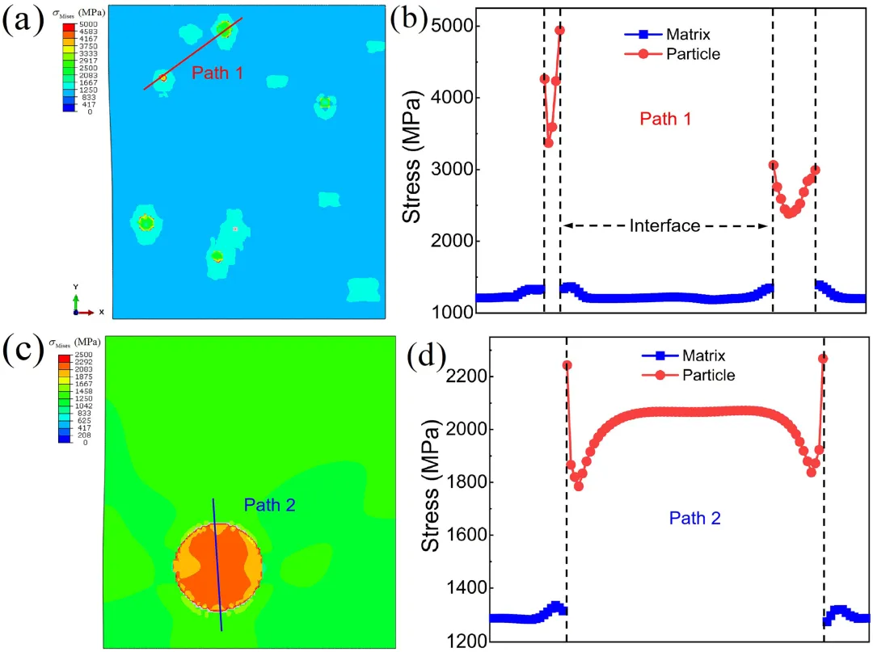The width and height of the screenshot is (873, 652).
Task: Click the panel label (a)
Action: pyautogui.click(x=22, y=22)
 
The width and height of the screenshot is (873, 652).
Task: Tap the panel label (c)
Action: pyautogui.click(x=22, y=348)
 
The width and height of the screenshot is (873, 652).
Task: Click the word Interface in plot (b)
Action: pyautogui.click(x=664, y=226)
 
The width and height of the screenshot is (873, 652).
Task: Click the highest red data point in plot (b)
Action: pyautogui.click(x=559, y=31)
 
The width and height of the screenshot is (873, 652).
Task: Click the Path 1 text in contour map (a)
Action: pyautogui.click(x=217, y=74)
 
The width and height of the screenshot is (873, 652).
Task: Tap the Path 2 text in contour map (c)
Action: pyautogui.click(x=269, y=506)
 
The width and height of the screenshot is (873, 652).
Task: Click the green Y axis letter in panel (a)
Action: pyautogui.click(x=75, y=287)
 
